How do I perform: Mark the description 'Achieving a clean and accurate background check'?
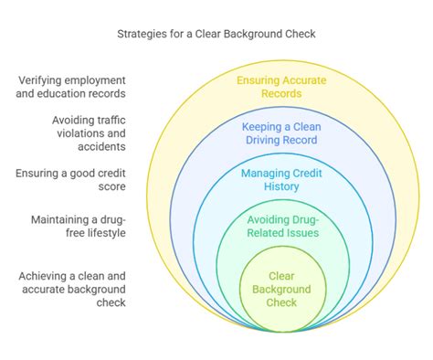[x=72, y=290]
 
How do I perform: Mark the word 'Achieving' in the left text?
[x=47, y=276]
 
